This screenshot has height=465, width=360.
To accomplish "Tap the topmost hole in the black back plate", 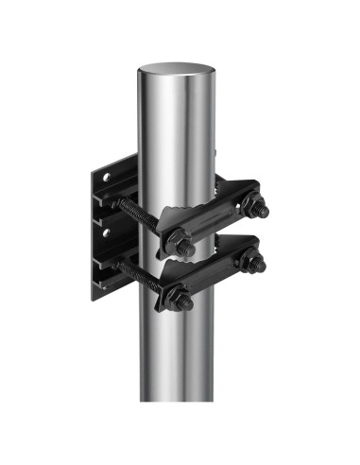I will [106, 177].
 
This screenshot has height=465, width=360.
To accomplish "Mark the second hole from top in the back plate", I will [106, 229].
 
